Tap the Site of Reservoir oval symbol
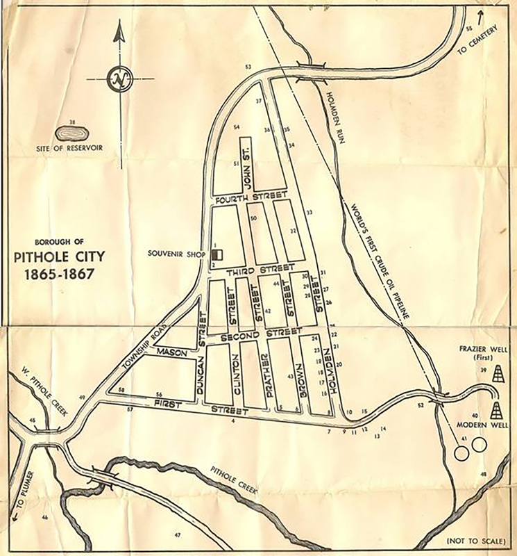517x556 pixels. pyautogui.click(x=70, y=131)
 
